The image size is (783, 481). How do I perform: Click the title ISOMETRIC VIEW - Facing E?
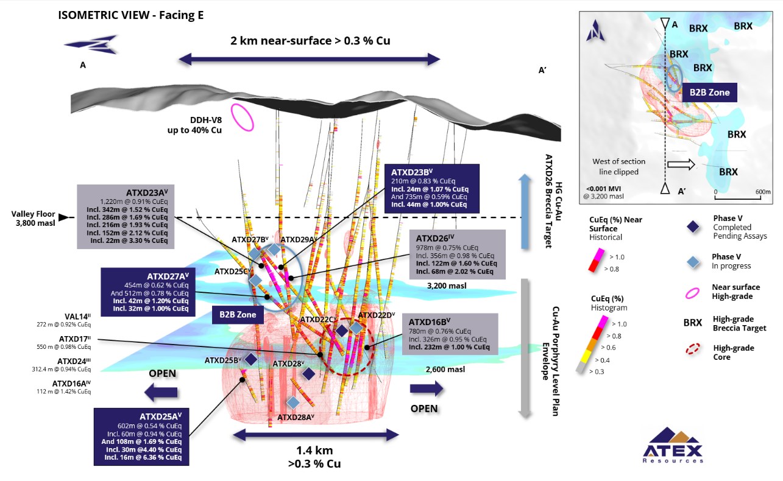[130, 15]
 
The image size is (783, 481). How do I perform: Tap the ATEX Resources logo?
[673, 444]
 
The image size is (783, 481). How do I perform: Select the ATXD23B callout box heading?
[411, 172]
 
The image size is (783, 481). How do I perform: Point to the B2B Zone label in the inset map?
[709, 93]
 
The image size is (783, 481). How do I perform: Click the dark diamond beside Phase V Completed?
[692, 226]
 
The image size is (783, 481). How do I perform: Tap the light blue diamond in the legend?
[692, 261]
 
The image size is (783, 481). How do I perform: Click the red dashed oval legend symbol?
[692, 352]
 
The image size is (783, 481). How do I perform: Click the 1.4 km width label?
[314, 451]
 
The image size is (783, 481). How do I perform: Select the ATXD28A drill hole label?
[296, 417]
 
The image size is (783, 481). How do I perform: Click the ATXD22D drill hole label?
[376, 315]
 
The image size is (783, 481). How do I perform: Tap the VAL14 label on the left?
[77, 317]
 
